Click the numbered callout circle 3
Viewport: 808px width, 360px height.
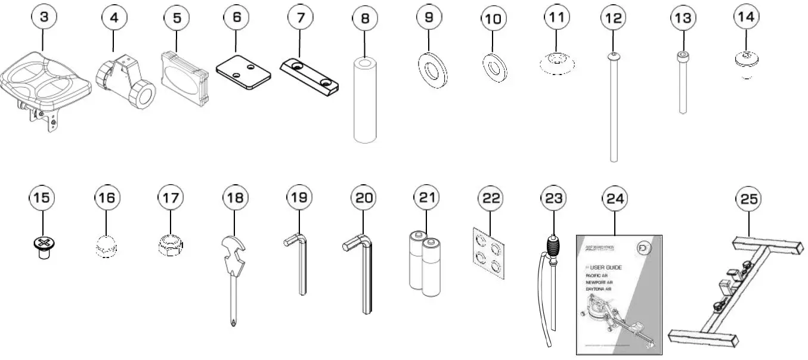(x=44, y=17)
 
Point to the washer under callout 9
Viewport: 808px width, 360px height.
(x=429, y=70)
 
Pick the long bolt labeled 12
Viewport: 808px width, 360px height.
(x=614, y=107)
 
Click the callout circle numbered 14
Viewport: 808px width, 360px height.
(x=745, y=17)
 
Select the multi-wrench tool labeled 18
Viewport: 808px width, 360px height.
(x=233, y=265)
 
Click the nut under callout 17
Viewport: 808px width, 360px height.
(x=169, y=244)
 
